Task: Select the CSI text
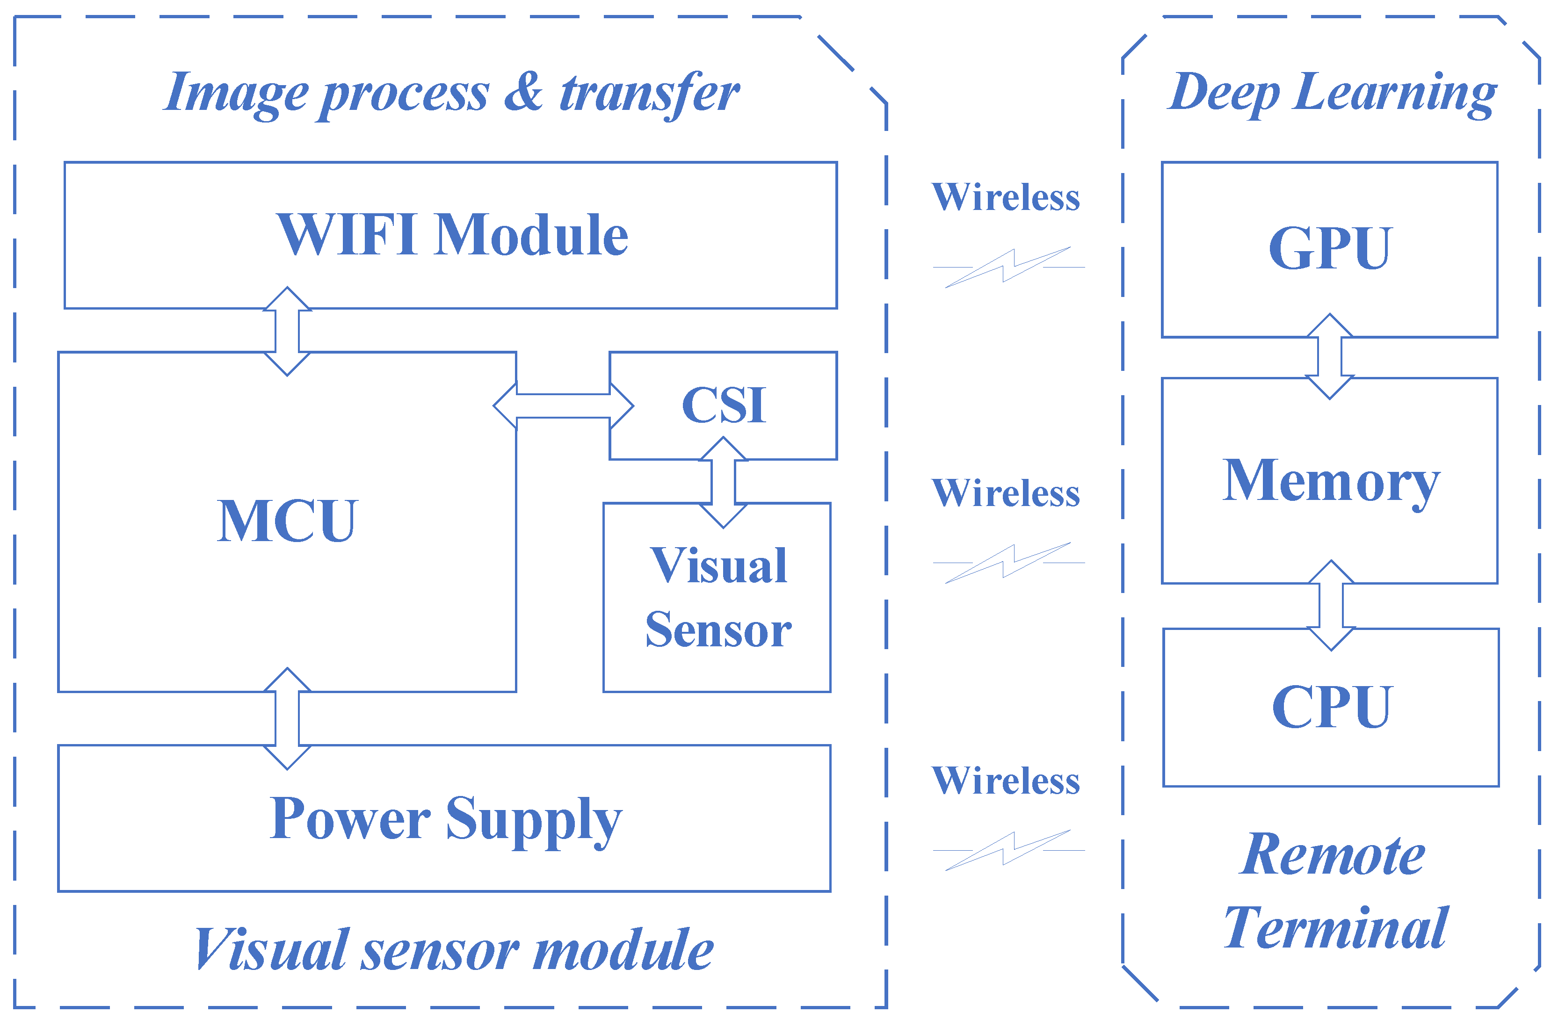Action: pos(724,405)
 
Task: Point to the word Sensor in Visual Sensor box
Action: pos(718,630)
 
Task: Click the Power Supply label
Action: pos(446,819)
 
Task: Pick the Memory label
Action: pos(1331,480)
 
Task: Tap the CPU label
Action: pos(1331,707)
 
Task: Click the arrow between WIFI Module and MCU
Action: pos(287,331)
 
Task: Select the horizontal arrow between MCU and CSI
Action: pos(563,405)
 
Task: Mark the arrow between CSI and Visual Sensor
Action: pos(723,482)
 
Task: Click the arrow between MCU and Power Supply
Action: pos(287,718)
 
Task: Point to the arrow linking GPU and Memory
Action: pos(1329,356)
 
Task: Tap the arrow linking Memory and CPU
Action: pos(1331,606)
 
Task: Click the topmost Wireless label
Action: pos(1006,197)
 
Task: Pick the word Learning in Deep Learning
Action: pos(1395,93)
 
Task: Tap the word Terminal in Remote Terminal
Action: pos(1336,928)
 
